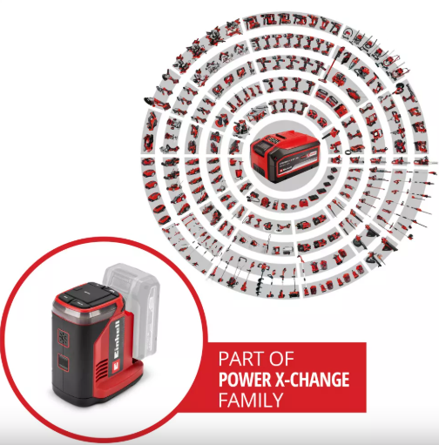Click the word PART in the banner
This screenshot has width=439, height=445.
(x=241, y=359)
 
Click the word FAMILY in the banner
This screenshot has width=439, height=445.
(x=251, y=400)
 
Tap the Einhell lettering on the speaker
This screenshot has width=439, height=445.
(x=117, y=338)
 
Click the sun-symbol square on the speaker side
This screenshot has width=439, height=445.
(x=64, y=338)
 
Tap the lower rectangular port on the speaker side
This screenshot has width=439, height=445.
(x=64, y=361)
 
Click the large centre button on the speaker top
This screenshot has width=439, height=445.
(x=88, y=293)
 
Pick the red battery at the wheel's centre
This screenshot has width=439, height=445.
(x=285, y=156)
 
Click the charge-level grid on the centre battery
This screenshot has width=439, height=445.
(x=273, y=140)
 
